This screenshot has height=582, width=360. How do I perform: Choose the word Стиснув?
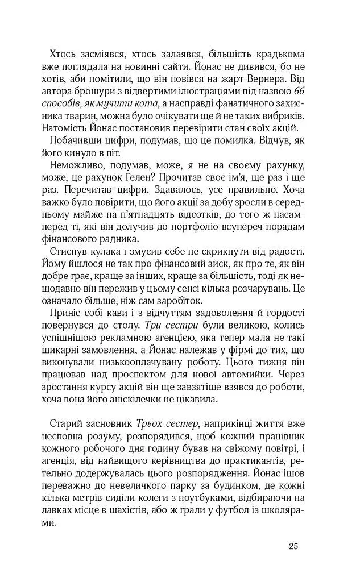[x=69, y=252]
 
